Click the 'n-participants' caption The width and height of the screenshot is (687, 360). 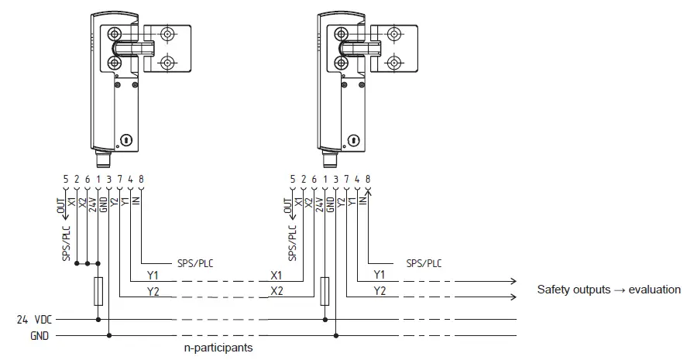click(x=218, y=348)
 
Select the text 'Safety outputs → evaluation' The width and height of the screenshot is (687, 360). click(x=609, y=290)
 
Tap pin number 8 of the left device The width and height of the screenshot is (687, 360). click(x=141, y=180)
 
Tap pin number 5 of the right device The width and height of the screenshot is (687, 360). click(x=292, y=180)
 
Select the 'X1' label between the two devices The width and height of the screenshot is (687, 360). click(x=277, y=275)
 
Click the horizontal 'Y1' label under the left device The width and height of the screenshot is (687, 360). click(x=153, y=275)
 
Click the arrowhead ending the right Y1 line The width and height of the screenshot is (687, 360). click(x=513, y=281)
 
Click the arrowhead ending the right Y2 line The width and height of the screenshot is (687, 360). click(x=513, y=296)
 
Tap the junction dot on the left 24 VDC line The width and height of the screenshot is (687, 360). click(x=98, y=319)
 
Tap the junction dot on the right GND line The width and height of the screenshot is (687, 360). click(x=335, y=334)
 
